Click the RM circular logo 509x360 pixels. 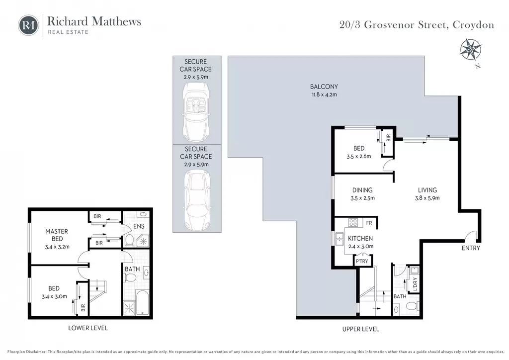(28, 25)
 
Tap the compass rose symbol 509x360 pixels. (471, 50)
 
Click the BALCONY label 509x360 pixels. (324, 87)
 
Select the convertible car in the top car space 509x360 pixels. (196, 111)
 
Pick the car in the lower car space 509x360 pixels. (197, 199)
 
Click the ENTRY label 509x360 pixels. (471, 248)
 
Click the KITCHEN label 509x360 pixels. (360, 238)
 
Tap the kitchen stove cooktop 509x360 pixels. (353, 222)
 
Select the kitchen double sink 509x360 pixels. (339, 239)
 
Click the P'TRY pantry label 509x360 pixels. (362, 261)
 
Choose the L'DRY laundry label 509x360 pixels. (415, 284)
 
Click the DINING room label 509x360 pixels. (362, 190)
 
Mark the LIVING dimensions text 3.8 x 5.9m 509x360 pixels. (427, 198)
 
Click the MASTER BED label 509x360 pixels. (57, 235)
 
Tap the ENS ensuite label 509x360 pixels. (139, 226)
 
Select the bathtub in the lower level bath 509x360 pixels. (142, 302)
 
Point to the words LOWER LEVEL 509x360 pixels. (87, 328)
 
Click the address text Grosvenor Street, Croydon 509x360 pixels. (429, 25)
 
